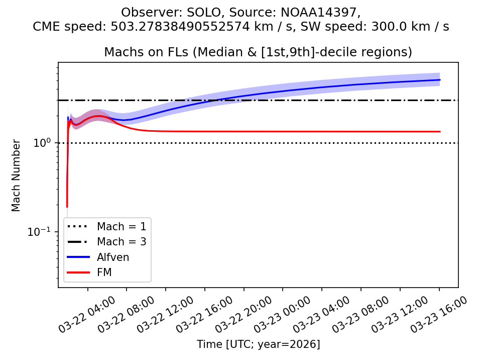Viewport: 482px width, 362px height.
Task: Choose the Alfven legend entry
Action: (x=113, y=257)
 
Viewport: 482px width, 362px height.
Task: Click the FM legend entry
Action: (x=104, y=273)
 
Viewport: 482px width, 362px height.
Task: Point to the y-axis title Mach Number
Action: (x=17, y=175)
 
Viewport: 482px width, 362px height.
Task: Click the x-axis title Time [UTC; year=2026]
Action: (x=258, y=344)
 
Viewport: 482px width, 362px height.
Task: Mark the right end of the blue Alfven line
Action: (x=440, y=80)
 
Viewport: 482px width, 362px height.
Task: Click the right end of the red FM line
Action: (x=440, y=132)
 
